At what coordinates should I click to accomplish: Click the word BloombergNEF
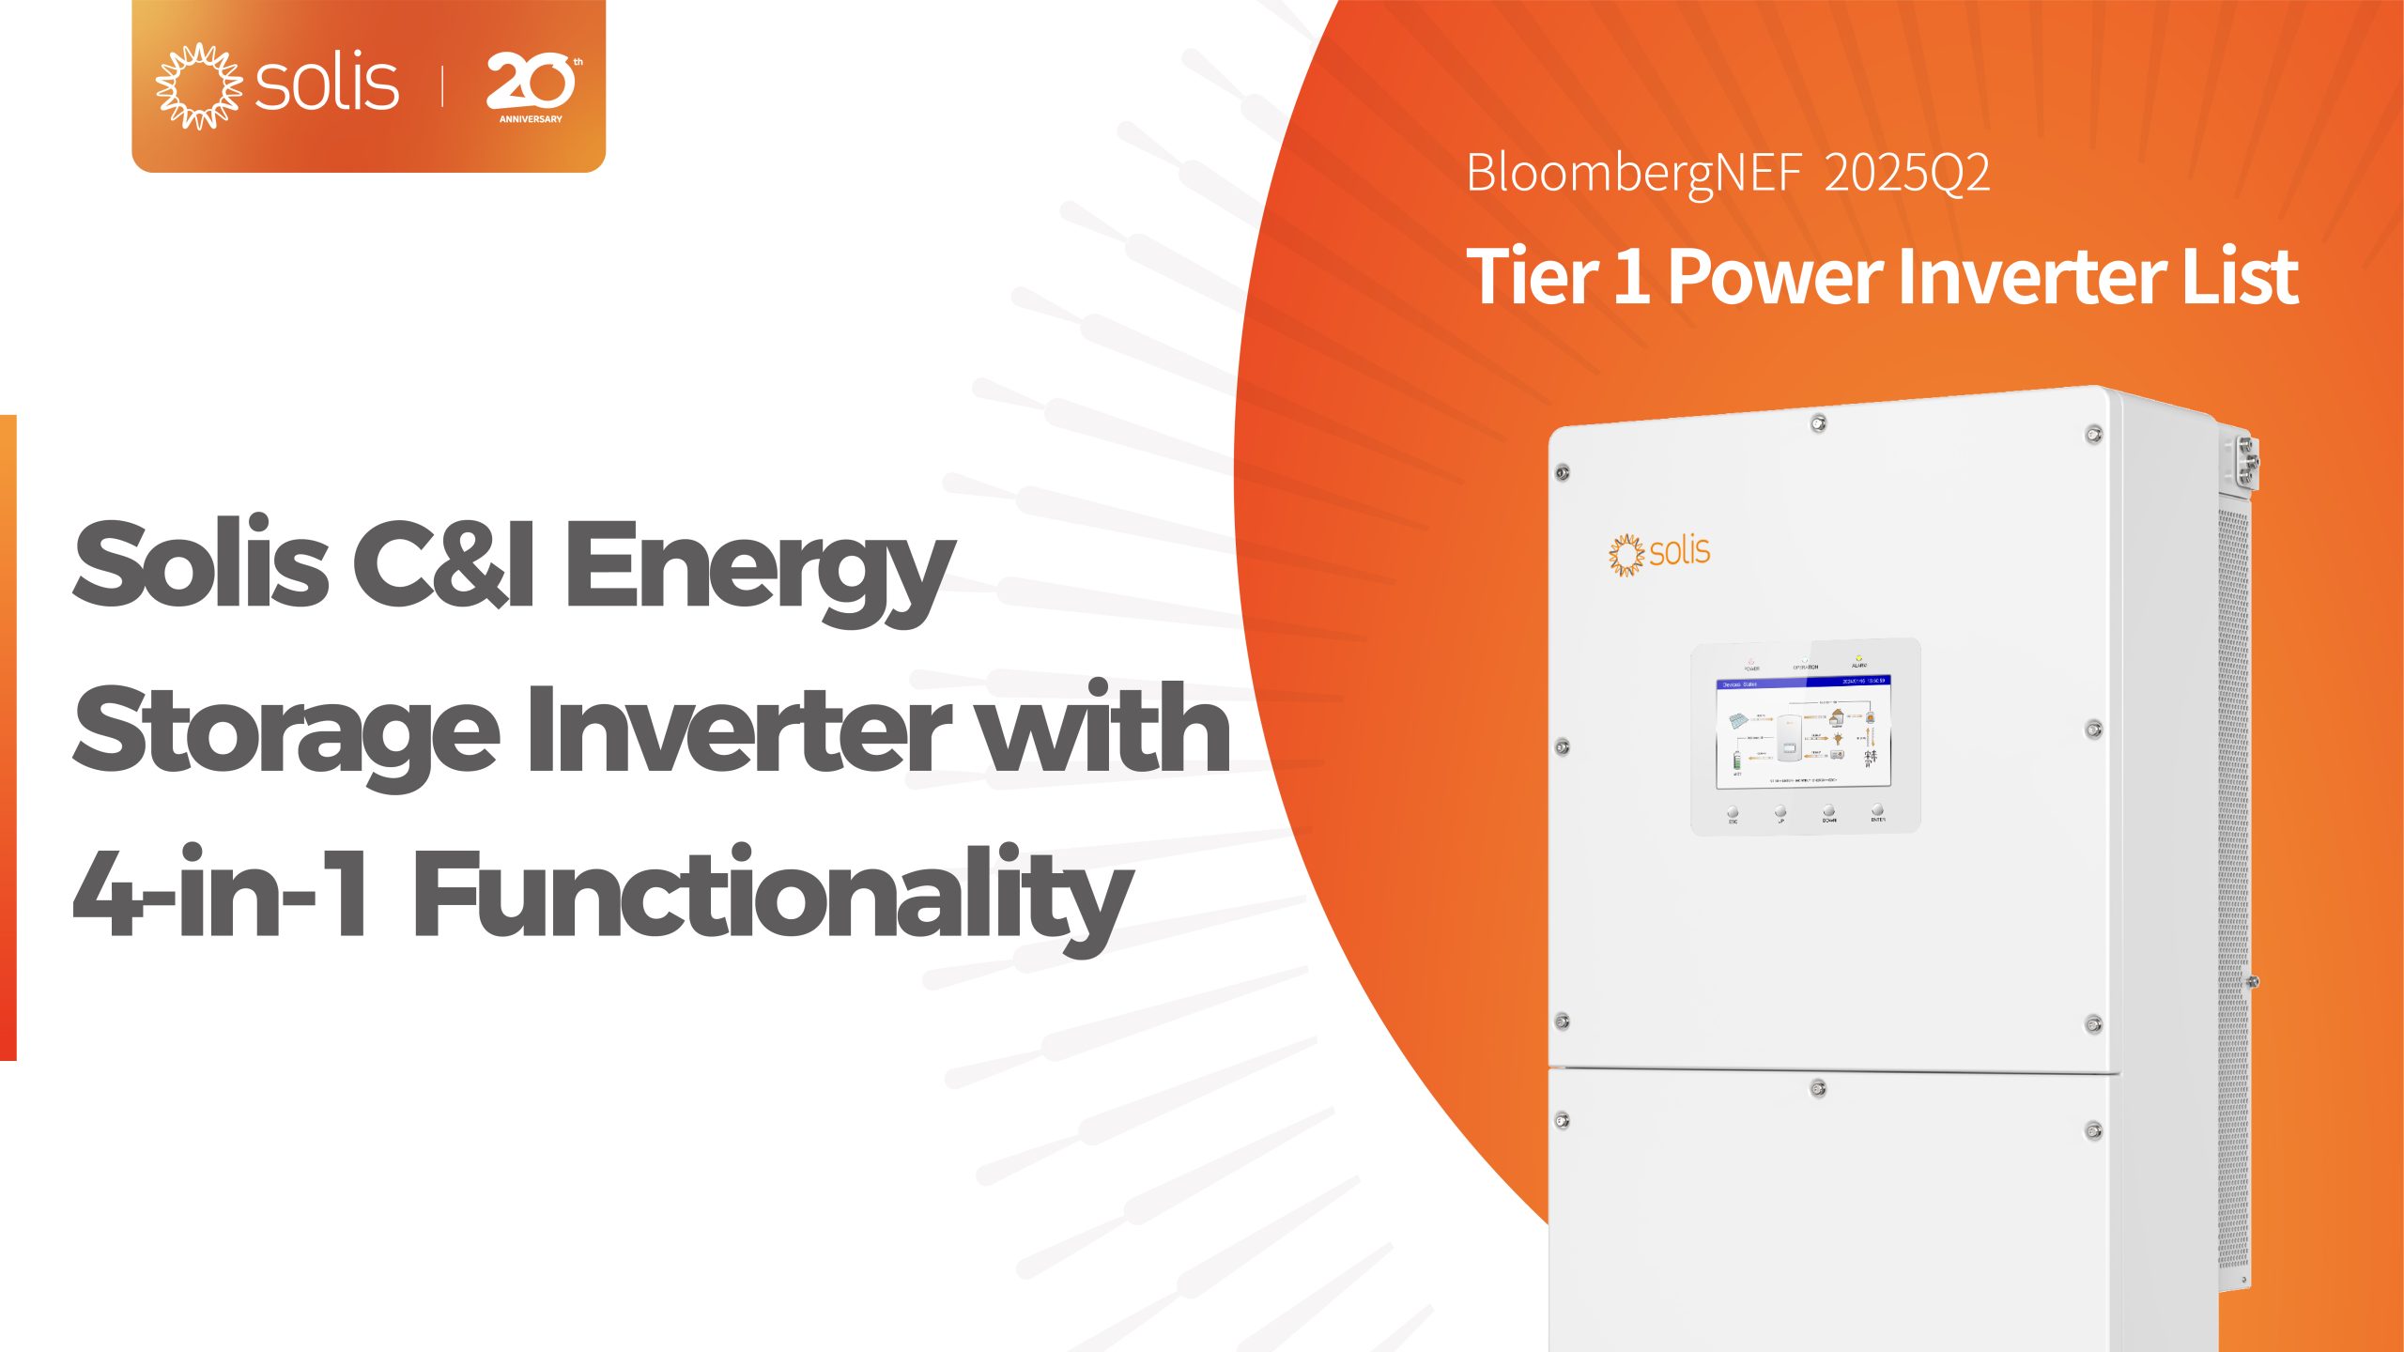[1633, 174]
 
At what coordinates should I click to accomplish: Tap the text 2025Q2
[1906, 174]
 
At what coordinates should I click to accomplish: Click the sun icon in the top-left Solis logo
[198, 85]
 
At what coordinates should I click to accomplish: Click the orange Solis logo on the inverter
[1659, 553]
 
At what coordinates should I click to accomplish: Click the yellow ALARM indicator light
[1858, 657]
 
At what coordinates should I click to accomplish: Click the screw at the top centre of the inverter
[1818, 423]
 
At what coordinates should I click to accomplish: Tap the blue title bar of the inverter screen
[1802, 683]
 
